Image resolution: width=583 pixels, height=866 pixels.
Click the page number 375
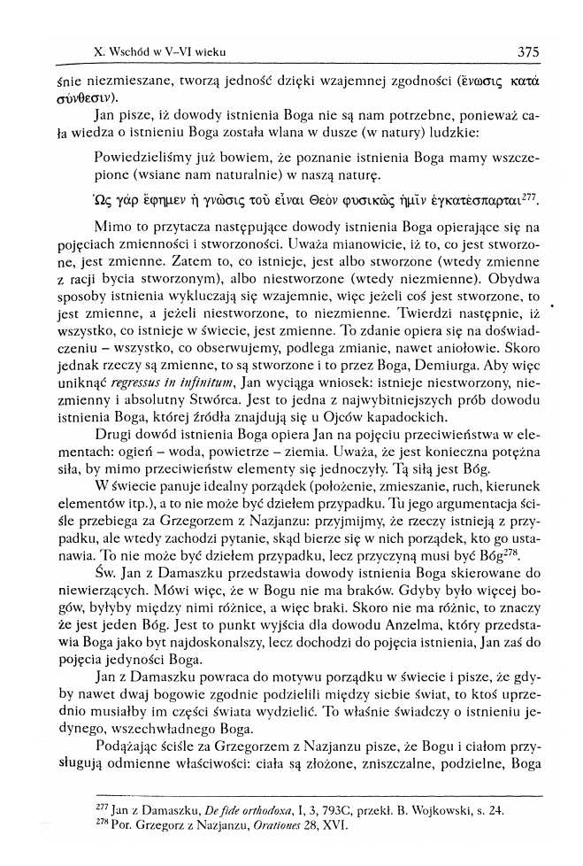coord(528,52)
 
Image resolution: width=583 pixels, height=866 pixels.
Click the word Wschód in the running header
coord(130,53)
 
